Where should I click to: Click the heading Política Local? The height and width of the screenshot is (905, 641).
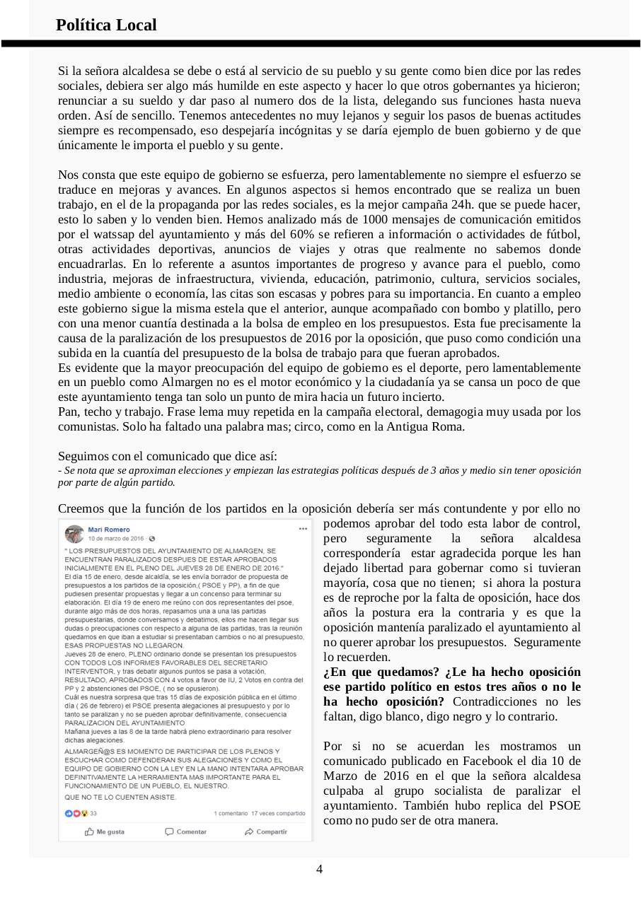click(x=106, y=25)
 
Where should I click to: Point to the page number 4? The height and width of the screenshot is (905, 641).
click(x=319, y=869)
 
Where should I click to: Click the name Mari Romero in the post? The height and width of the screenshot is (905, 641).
click(x=109, y=529)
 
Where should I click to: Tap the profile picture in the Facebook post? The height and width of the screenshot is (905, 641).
click(x=74, y=534)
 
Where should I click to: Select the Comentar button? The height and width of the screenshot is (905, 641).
click(x=185, y=831)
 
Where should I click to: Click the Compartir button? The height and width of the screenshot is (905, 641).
click(x=266, y=831)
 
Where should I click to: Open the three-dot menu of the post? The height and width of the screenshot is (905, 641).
click(x=304, y=529)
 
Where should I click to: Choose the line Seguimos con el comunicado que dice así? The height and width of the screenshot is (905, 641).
click(x=168, y=456)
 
